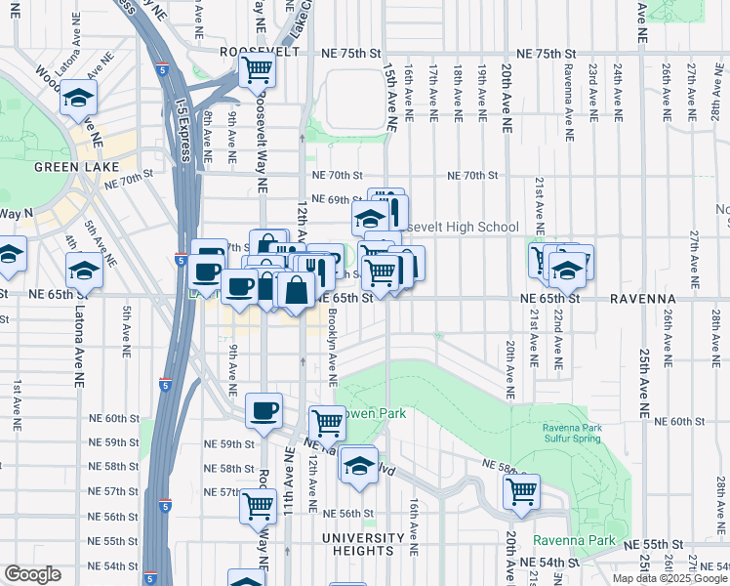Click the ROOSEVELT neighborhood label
click(x=259, y=51)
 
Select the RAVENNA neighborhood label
click(x=644, y=298)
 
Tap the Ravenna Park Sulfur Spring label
click(x=573, y=434)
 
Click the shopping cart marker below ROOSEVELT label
click(x=257, y=70)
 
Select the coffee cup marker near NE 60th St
click(x=263, y=411)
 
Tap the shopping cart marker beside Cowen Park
click(x=327, y=423)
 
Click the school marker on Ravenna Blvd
click(x=359, y=464)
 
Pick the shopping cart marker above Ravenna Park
click(x=522, y=491)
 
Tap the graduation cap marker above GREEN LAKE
click(x=78, y=99)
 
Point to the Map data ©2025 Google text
click(x=669, y=578)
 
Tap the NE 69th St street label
click(x=337, y=200)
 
